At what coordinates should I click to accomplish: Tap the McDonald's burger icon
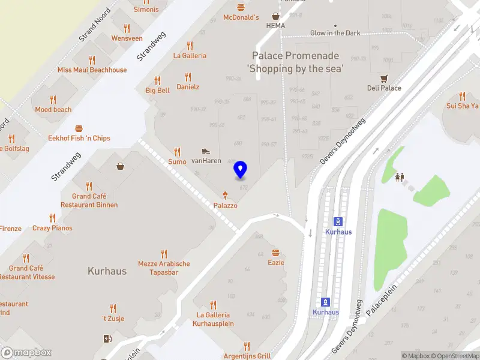[x=241, y=7]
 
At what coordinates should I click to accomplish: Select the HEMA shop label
[x=276, y=26]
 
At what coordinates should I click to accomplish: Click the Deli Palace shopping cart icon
[x=384, y=78]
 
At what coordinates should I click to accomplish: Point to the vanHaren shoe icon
[x=206, y=151]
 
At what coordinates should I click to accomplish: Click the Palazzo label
[x=226, y=205]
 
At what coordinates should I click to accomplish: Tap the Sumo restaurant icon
[x=177, y=152]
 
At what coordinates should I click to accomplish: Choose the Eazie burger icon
[x=276, y=253]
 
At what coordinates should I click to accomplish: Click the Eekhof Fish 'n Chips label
[x=79, y=138]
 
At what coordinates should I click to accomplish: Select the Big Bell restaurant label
[x=157, y=91]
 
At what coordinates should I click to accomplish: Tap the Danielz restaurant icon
[x=188, y=77]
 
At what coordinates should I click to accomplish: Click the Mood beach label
[x=53, y=110]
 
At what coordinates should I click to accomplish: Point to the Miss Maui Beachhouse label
[x=92, y=70]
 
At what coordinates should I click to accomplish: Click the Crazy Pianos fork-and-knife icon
[x=52, y=218]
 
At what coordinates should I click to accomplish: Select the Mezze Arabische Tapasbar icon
[x=164, y=254]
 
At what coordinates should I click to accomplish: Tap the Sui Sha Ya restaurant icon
[x=462, y=95]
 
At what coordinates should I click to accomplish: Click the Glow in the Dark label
[x=335, y=33]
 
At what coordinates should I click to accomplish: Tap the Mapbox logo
[x=26, y=353]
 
